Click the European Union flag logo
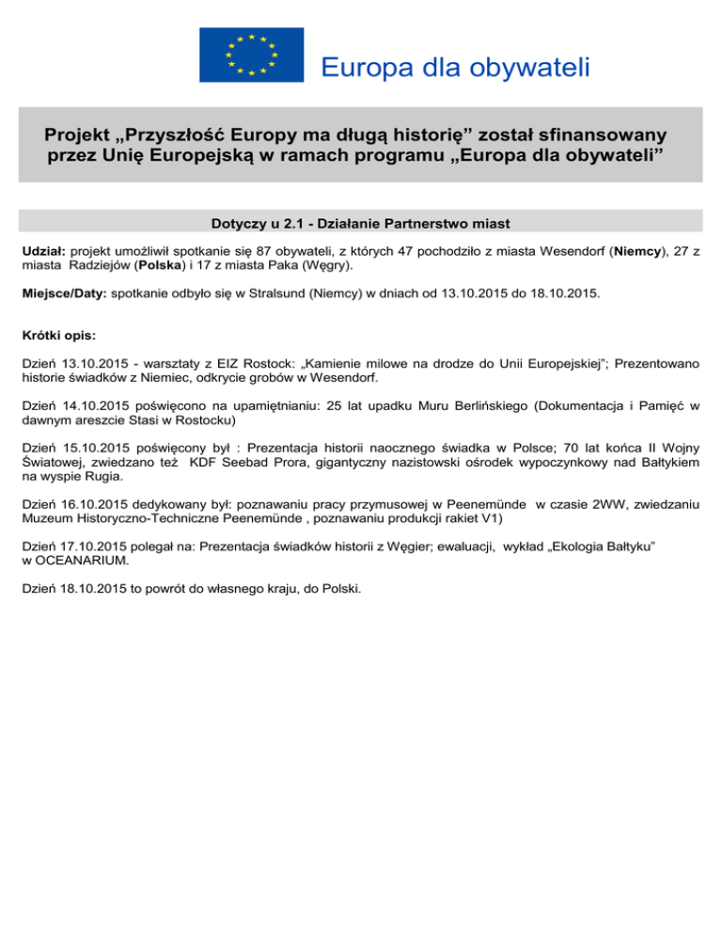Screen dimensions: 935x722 [251, 55]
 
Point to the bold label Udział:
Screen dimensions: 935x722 [43, 253]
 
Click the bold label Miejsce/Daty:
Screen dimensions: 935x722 [63, 294]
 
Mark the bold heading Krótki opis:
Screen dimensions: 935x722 [58, 336]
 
